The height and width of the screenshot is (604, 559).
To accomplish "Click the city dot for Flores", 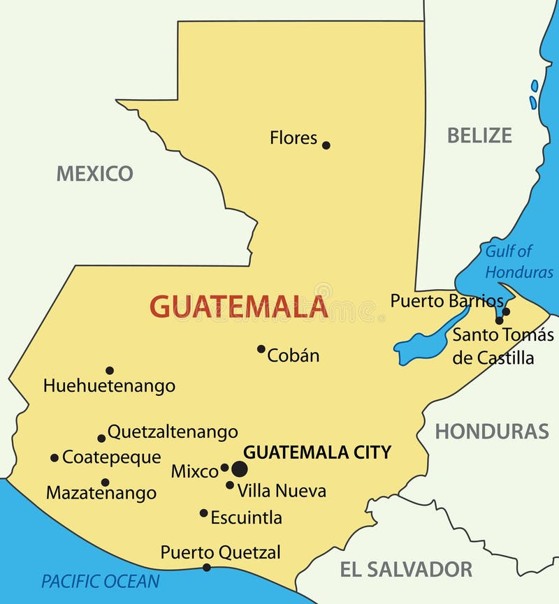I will click(326, 145).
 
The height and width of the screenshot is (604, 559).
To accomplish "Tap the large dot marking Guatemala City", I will click(240, 469).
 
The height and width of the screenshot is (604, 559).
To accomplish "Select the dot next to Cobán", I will click(261, 348).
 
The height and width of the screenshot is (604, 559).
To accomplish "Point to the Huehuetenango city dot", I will click(110, 370).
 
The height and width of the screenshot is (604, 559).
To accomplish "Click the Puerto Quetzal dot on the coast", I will click(206, 568).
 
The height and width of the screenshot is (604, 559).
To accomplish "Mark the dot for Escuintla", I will click(204, 513).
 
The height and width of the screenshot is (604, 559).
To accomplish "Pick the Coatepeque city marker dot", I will click(55, 458).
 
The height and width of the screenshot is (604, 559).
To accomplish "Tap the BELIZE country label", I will click(479, 135).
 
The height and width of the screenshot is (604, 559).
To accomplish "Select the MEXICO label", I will click(94, 173).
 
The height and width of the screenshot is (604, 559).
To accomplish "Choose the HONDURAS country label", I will click(492, 432).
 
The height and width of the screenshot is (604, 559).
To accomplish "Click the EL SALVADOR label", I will click(406, 569).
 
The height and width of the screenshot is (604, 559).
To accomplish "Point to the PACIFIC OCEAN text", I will click(101, 581).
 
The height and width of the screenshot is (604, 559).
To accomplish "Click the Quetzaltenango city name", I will click(173, 432).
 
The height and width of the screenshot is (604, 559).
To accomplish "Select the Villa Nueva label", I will click(282, 491).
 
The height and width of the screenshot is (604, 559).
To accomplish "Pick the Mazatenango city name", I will click(101, 493).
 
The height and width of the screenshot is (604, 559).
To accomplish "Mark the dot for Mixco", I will click(224, 468).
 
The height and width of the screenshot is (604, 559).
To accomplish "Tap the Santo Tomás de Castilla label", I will click(503, 346).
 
